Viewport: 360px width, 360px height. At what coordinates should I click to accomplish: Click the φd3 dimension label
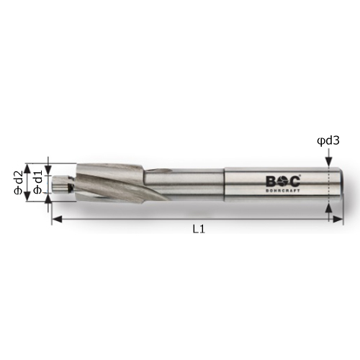pos(328,141)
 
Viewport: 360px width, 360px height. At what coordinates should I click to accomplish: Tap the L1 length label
pos(199,230)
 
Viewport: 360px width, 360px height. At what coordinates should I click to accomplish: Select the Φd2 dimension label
pos(18,182)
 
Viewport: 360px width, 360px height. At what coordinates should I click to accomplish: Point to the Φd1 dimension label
pos(38,182)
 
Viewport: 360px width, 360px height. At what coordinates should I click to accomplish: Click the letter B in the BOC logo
pos(271,181)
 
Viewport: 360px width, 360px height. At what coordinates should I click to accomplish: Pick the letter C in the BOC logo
pos(294,181)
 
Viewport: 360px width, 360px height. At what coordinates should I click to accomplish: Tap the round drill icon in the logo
pos(283,181)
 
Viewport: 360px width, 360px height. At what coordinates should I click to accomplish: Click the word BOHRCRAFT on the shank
pos(283,191)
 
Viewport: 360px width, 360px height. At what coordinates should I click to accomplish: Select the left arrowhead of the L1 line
pos(57,219)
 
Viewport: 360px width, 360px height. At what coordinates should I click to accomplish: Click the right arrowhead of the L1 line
pos(338,219)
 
